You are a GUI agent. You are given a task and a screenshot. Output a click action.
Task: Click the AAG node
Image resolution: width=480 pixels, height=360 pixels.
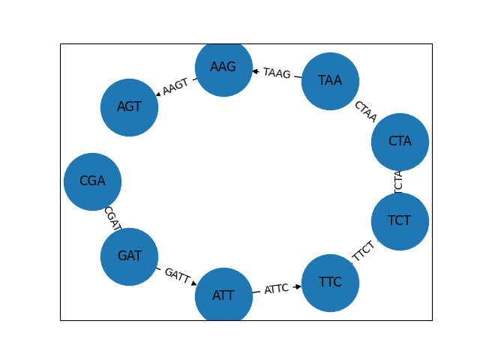[223, 67]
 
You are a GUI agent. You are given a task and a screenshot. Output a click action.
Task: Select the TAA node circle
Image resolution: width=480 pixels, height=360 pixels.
[330, 81]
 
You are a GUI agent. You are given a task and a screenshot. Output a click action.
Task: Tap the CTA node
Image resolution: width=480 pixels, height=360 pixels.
[400, 142]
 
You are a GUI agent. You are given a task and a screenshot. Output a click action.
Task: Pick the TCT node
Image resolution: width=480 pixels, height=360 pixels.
[400, 221]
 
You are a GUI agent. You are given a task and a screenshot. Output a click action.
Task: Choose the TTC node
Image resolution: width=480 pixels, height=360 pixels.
[330, 283]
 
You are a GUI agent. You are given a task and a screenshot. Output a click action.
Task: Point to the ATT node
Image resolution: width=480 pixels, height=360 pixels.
[223, 296]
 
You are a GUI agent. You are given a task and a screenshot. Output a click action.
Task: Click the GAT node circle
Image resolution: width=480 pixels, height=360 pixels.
[129, 256]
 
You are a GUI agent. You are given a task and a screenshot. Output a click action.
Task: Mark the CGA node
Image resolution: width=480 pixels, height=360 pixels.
[92, 181]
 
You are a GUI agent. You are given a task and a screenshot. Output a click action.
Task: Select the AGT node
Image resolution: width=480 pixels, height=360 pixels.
[129, 107]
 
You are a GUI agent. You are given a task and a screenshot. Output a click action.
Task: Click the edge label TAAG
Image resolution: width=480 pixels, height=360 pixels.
[277, 73]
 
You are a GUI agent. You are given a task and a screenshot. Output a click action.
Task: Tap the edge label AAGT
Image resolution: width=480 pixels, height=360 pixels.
[175, 87]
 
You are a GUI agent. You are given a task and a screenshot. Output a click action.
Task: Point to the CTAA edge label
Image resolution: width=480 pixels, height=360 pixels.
[365, 111]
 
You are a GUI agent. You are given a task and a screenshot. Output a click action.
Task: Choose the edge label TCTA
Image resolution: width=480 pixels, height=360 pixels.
[399, 181]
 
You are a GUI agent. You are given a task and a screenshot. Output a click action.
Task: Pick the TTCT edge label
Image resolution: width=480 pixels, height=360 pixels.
[364, 252]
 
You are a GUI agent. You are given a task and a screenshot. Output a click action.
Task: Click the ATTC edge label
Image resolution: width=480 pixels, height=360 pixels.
[277, 289]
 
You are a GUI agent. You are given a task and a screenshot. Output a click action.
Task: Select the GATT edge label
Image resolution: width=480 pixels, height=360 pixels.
[177, 275]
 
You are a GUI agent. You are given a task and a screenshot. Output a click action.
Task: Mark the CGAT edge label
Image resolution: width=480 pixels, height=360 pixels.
[112, 218]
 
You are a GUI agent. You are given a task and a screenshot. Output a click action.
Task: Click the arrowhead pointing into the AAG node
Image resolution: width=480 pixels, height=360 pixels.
[255, 71]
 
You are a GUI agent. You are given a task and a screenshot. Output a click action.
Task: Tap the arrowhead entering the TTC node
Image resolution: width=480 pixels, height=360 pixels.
[298, 286]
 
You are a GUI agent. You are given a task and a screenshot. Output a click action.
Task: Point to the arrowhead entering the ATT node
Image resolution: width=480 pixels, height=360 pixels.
[193, 283]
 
